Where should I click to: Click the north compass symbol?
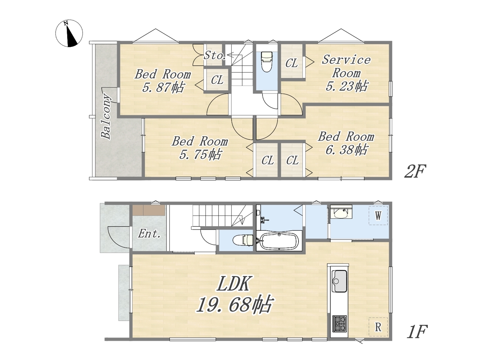(x=69, y=33)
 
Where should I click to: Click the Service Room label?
(x=346, y=66)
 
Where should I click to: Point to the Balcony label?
(x=106, y=117)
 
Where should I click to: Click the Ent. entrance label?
(x=149, y=234)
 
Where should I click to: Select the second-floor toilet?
(x=267, y=61)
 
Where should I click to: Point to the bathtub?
(x=279, y=241)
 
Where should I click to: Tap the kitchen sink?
(x=339, y=281)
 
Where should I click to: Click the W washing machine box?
(x=378, y=216)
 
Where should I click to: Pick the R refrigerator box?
(x=378, y=327)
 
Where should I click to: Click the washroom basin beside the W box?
(x=341, y=213)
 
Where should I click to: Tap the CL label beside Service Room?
(x=291, y=64)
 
